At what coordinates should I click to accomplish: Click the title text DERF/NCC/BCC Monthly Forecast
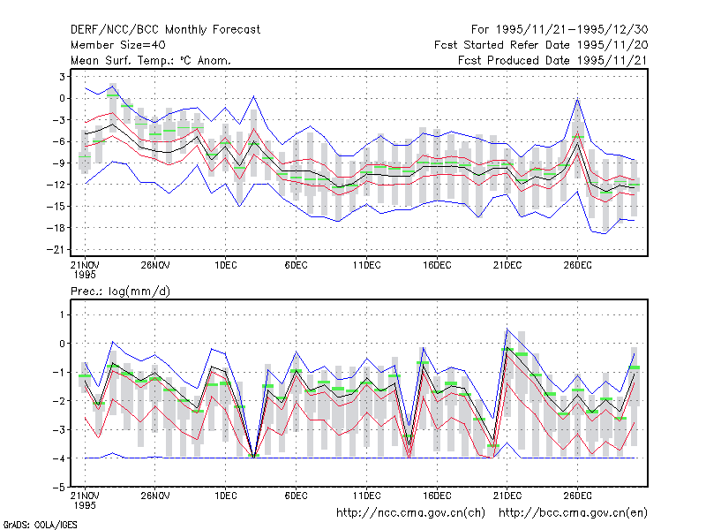click(x=165, y=30)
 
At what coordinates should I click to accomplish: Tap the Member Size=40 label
click(x=118, y=45)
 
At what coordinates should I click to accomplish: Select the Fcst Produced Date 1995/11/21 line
click(x=553, y=60)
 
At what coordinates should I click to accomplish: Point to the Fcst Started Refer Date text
click(x=504, y=45)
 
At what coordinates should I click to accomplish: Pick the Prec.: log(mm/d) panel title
click(x=120, y=291)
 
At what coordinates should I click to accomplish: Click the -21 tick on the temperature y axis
click(x=56, y=250)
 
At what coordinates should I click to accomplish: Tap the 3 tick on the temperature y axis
click(x=62, y=77)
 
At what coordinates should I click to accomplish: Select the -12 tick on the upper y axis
click(x=56, y=185)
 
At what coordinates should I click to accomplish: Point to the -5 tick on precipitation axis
click(x=59, y=488)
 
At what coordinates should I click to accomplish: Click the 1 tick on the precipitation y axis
click(x=62, y=314)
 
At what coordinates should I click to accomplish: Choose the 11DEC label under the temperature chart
click(x=366, y=265)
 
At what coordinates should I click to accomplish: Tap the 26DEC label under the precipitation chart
click(x=578, y=496)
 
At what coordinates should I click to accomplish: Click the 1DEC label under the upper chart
click(x=226, y=265)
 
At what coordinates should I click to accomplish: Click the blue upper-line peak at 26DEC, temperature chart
click(x=578, y=99)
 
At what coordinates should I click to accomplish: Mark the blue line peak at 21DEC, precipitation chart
click(x=507, y=329)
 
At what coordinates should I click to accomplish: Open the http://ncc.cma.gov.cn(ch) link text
click(x=411, y=513)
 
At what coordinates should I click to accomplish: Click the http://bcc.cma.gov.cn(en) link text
click(x=573, y=513)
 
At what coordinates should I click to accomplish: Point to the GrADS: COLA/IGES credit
click(x=40, y=525)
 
